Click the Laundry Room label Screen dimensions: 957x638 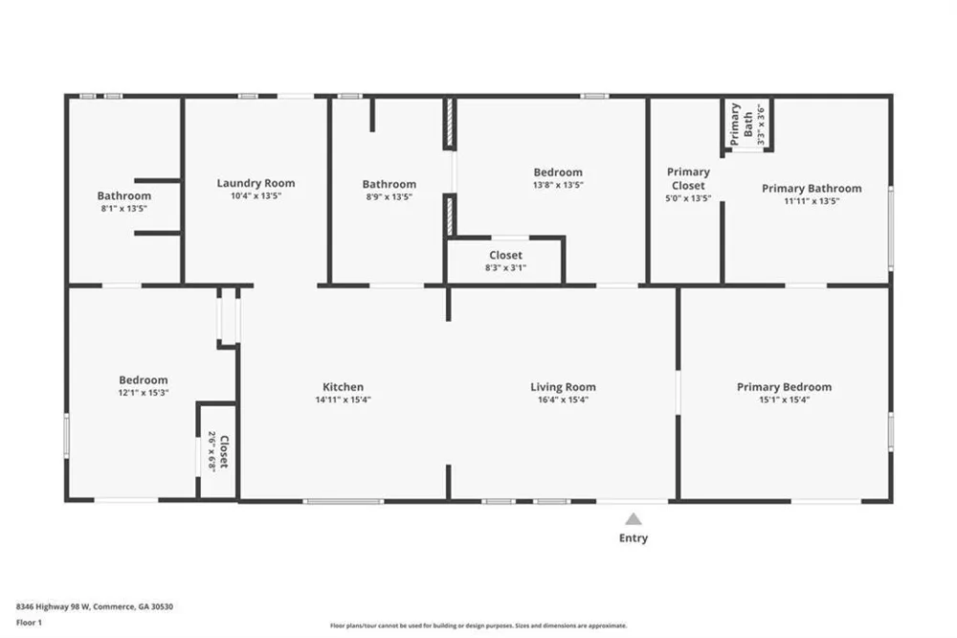pyautogui.click(x=256, y=183)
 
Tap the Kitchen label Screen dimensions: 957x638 pyautogui.click(x=343, y=387)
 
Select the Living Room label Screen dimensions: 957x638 pyautogui.click(x=563, y=387)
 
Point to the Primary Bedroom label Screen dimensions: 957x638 pyautogui.click(x=785, y=387)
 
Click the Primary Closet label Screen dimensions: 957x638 pyautogui.click(x=688, y=178)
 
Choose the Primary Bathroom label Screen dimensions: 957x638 pyautogui.click(x=812, y=188)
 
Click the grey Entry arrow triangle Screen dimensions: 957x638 pyautogui.click(x=634, y=519)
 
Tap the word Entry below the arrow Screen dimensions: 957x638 pyautogui.click(x=634, y=537)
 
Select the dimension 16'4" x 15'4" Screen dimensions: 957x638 pyautogui.click(x=563, y=400)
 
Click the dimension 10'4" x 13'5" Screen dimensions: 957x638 pyautogui.click(x=256, y=196)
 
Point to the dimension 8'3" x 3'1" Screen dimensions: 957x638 pyautogui.click(x=506, y=267)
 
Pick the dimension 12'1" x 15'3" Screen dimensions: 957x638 pyautogui.click(x=144, y=393)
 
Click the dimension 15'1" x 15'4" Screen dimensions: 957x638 pyautogui.click(x=785, y=400)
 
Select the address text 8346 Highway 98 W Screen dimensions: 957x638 pyautogui.click(x=53, y=606)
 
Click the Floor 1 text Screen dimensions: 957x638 pyautogui.click(x=29, y=623)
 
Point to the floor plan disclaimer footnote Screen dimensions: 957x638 pyautogui.click(x=478, y=626)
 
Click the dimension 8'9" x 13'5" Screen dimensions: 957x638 pyautogui.click(x=389, y=196)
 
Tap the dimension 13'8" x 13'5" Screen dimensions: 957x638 pyautogui.click(x=558, y=185)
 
